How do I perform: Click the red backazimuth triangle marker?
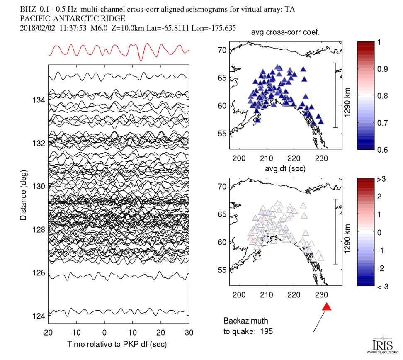click(x=327, y=307)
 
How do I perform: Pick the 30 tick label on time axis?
click(x=189, y=333)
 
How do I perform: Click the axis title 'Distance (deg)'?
click(x=23, y=195)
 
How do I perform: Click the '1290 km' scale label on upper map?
click(x=347, y=95)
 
